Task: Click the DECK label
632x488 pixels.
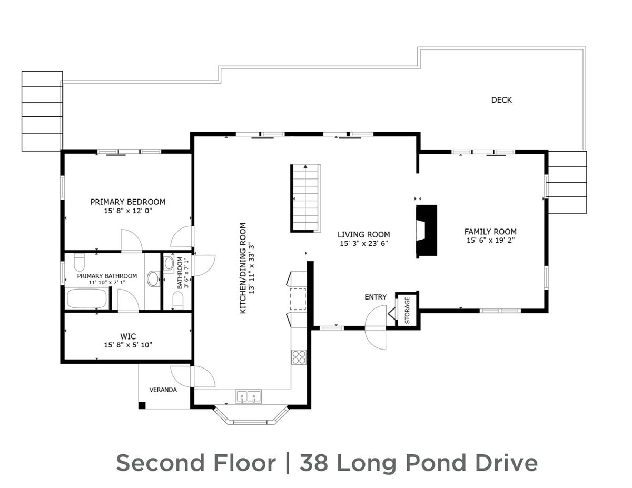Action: (501, 100)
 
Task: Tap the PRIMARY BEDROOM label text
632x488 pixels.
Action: (127, 202)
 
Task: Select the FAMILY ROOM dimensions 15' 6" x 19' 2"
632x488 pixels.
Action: (490, 241)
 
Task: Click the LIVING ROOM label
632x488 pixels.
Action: (363, 234)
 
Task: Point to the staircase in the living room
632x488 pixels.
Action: (305, 197)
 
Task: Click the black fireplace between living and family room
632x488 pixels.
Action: (427, 231)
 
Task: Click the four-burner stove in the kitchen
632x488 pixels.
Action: (299, 357)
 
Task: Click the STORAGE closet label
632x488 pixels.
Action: (407, 311)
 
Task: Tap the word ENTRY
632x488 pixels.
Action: (376, 297)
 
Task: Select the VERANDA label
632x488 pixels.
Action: (163, 390)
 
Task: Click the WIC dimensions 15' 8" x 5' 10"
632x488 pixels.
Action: (128, 345)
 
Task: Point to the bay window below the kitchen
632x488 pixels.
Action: (251, 415)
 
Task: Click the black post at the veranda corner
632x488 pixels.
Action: (142, 405)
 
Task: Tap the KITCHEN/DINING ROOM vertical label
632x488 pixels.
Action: (243, 268)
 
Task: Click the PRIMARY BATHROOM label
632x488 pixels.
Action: (107, 276)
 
